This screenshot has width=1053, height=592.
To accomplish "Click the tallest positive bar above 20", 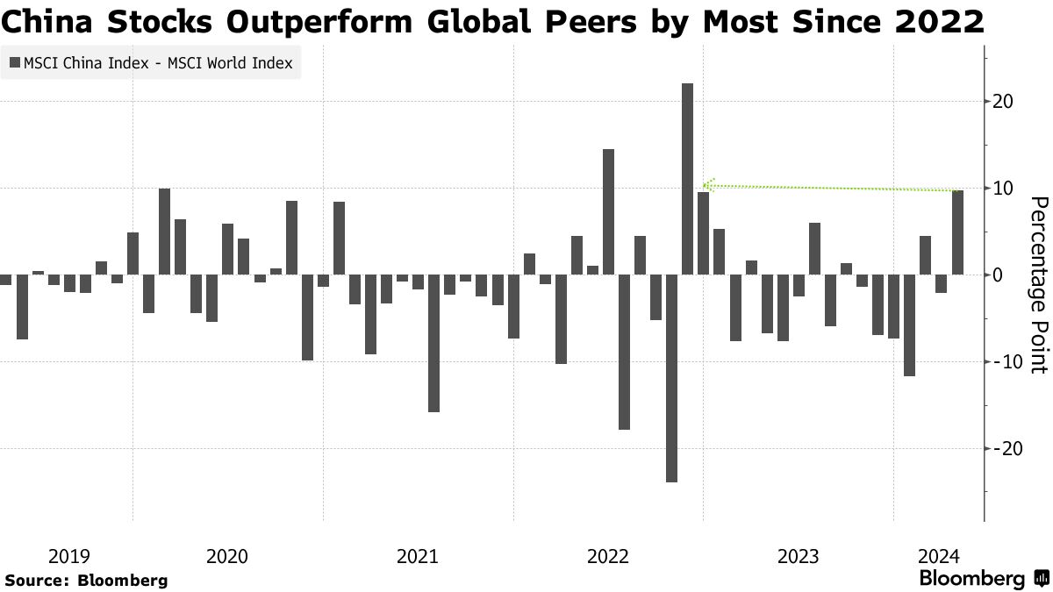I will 687,179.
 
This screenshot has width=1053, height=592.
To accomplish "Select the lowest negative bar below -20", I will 671,378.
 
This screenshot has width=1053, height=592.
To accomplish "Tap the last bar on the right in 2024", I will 958,232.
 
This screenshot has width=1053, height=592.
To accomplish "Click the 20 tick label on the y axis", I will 1004,102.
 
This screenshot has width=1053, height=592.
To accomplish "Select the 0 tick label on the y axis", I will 998,275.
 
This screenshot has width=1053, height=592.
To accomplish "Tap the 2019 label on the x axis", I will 69,556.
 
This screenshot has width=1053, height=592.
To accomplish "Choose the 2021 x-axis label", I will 418,556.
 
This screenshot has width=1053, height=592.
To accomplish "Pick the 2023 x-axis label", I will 799,556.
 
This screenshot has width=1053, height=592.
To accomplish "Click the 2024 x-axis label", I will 938,556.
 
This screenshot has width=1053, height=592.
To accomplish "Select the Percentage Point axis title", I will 1038,285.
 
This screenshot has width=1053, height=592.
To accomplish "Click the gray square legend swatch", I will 15,62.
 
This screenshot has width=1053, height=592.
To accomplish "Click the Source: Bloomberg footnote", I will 86,581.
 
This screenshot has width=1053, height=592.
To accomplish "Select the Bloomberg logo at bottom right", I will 983,579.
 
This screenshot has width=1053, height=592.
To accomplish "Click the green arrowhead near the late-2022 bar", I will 707,185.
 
